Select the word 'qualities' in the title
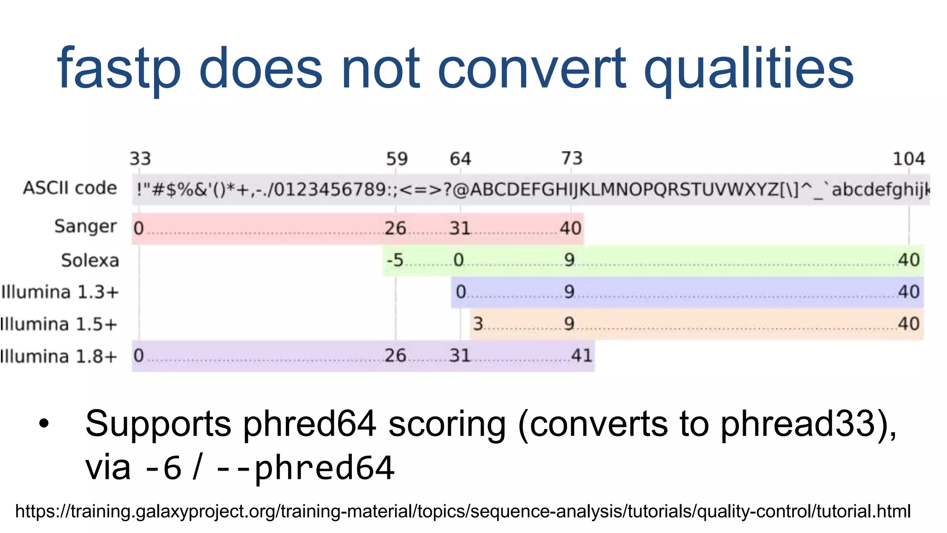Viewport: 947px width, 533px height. pos(748,69)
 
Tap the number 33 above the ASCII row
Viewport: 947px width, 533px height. pos(140,159)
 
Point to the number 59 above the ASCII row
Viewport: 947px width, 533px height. pos(397,159)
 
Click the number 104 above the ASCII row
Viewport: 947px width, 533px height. pos(908,159)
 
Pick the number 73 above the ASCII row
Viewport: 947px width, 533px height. pos(572,159)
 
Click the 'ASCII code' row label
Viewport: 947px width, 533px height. pos(70,188)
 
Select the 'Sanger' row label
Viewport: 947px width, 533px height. pos(86,227)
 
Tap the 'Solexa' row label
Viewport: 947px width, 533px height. pos(90,260)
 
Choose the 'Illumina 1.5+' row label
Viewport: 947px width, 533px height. pos(59,324)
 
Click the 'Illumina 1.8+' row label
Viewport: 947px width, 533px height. pos(59,357)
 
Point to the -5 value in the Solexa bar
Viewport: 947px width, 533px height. pos(395,260)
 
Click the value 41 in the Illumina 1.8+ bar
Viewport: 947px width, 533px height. pos(581,356)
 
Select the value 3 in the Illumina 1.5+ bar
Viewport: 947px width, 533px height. pos(478,324)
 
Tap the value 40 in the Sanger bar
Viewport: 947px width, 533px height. pos(571,228)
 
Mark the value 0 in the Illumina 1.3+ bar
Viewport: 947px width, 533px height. pos(461,292)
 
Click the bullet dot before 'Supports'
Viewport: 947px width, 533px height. pos(44,423)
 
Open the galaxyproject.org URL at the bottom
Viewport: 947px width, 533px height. pos(463,512)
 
